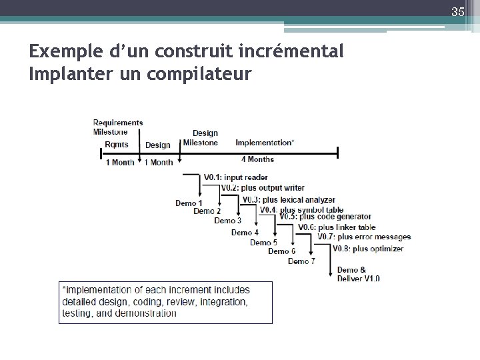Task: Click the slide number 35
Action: click(457, 11)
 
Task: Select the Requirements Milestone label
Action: click(117, 127)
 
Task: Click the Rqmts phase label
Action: click(117, 145)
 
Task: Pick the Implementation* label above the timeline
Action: click(264, 143)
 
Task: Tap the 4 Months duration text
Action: click(257, 159)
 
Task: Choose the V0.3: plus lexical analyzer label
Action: click(288, 199)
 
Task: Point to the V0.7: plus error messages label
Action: click(364, 237)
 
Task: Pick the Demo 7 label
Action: click(301, 261)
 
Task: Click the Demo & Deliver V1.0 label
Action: click(358, 274)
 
